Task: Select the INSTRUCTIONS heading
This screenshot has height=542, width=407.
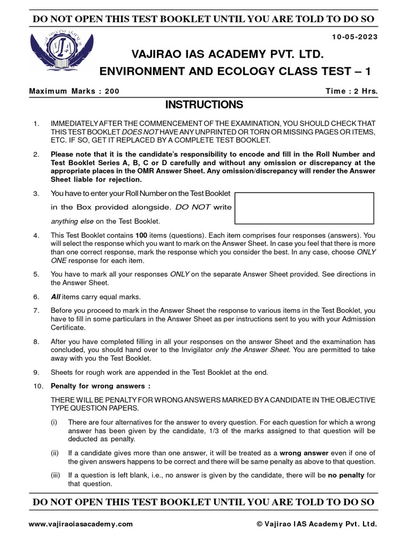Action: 203,105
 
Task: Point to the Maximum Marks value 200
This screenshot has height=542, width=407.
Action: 112,91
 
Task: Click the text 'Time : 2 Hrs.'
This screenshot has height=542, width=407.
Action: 351,91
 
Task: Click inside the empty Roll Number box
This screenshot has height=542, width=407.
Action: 304,208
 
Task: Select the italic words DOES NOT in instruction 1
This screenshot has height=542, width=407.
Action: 137,131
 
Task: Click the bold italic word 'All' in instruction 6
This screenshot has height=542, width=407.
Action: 55,297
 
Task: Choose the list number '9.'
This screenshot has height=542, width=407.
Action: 36,373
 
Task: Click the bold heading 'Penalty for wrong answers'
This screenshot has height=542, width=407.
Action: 98,386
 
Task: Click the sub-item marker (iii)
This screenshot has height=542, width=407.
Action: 56,475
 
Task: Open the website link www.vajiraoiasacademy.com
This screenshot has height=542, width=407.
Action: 81,524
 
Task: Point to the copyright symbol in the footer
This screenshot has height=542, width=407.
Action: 260,524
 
